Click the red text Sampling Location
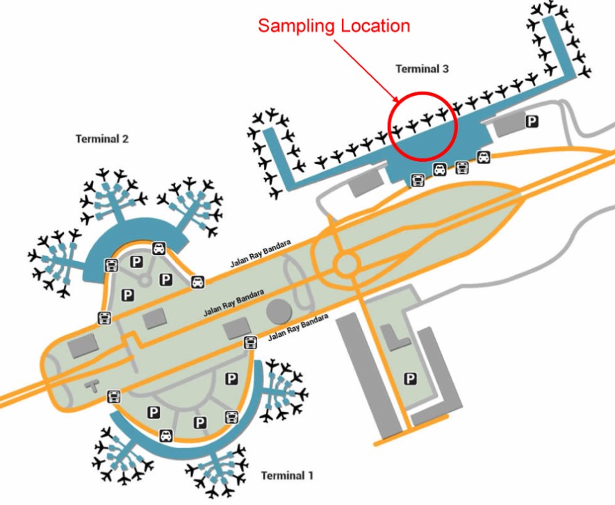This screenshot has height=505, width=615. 334,26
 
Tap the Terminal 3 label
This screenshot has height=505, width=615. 422,69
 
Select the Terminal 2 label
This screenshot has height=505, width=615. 102,139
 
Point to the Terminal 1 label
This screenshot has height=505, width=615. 287,476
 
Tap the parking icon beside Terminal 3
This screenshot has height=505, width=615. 532,121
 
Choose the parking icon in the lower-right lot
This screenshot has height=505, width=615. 410,379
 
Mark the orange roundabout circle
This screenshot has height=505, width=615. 346,265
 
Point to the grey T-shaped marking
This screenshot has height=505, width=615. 92,386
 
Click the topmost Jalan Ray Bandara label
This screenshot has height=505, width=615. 261,254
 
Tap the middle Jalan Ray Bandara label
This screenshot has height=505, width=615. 233,303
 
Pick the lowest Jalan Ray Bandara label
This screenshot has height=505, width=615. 298,327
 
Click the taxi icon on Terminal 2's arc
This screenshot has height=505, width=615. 158,248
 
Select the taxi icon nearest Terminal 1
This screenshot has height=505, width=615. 166,436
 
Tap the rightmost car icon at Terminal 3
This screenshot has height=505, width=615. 483,157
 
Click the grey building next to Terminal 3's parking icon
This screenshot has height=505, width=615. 507,124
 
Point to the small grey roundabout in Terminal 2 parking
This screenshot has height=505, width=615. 145,280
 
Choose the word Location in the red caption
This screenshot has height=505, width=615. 375,26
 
